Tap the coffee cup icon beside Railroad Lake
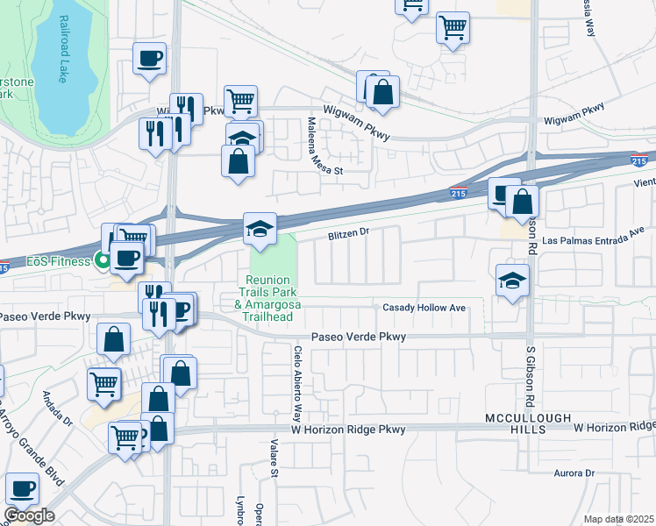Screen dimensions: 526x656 (149, 59)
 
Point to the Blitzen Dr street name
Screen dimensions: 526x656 (350, 234)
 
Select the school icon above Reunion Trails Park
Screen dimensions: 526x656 (260, 229)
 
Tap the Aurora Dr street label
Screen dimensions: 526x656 (574, 473)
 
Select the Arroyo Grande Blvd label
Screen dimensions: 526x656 (17, 438)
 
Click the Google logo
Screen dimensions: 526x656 (29, 515)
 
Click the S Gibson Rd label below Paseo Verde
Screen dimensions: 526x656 (531, 373)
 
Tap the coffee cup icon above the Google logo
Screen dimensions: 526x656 (22, 488)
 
